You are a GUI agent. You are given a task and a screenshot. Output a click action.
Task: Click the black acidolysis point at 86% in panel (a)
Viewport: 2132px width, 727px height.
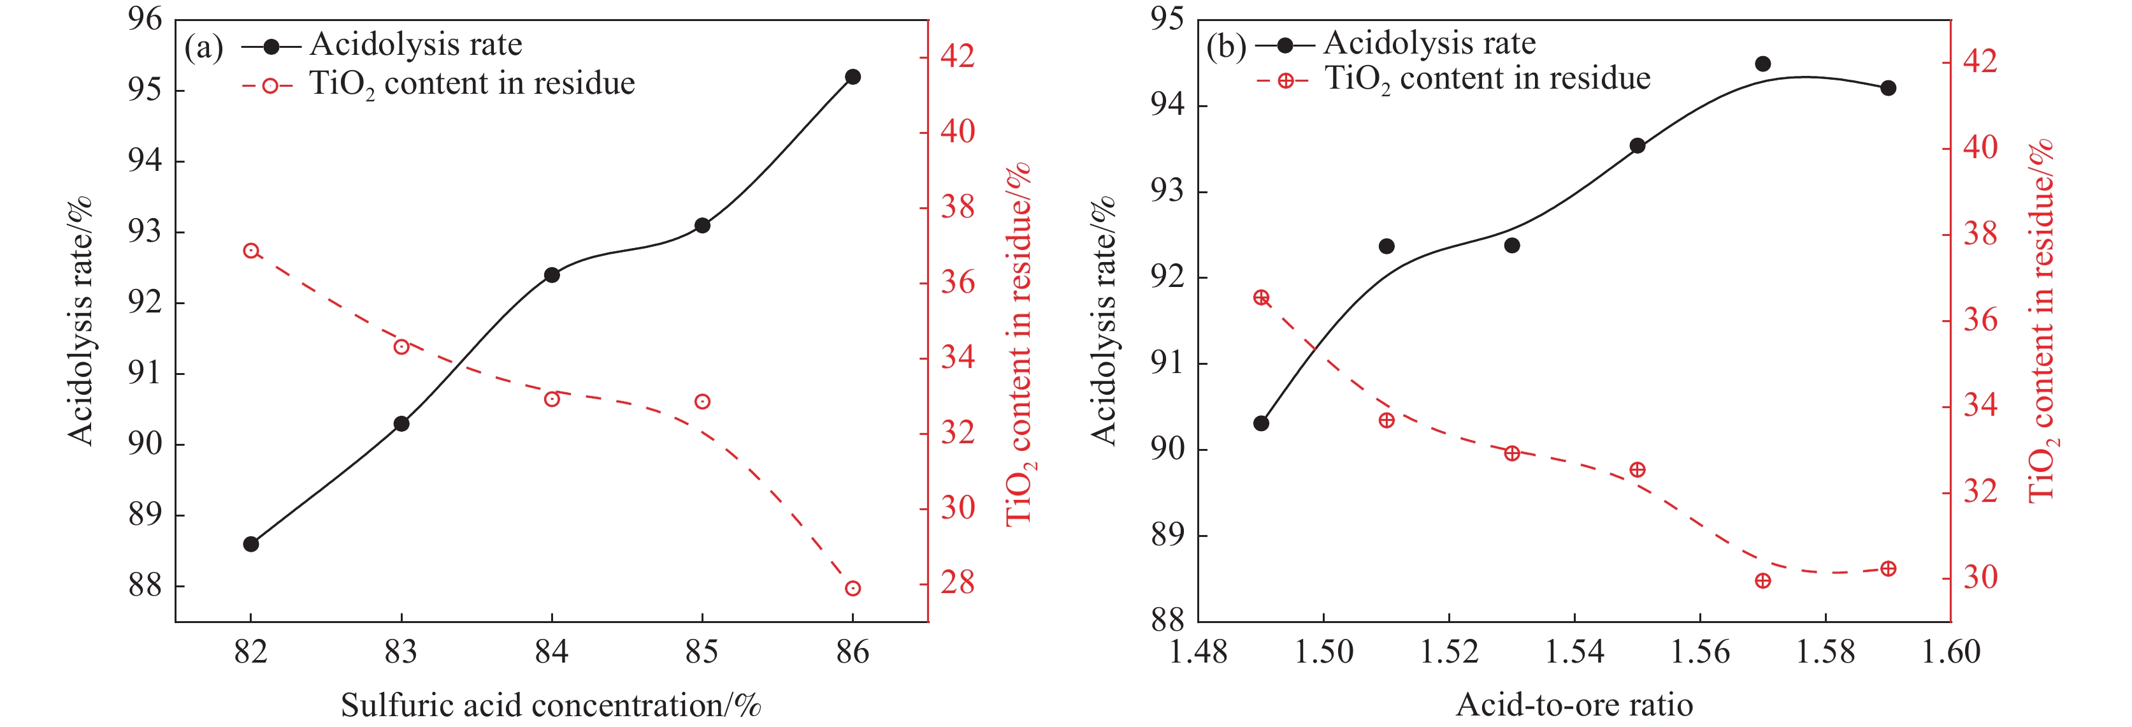pos(853,77)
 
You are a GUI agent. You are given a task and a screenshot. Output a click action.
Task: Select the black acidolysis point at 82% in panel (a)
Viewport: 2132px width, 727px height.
pos(251,544)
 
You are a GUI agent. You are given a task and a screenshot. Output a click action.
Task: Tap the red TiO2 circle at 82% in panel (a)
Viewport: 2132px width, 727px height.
pos(252,251)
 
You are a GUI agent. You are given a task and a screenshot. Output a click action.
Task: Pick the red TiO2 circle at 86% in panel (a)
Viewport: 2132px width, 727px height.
pos(853,589)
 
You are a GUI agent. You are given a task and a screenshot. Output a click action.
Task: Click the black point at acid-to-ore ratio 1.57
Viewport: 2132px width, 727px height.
pos(1763,64)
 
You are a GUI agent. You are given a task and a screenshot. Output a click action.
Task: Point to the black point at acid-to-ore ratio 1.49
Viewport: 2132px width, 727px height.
pos(1262,423)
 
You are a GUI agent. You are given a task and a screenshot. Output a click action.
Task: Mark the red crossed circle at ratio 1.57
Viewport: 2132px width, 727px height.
pos(1763,581)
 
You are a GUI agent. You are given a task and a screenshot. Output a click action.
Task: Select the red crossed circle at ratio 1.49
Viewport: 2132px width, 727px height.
pos(1262,298)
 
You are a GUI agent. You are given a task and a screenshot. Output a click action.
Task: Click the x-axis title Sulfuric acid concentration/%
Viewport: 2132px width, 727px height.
pos(551,705)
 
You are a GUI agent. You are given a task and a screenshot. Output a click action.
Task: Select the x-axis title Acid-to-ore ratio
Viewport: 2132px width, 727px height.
pos(1574,705)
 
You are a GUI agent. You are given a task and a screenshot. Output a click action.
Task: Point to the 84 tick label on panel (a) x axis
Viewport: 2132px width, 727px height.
pos(551,652)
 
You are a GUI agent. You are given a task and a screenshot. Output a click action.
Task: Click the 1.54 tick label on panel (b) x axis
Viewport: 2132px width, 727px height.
pos(1574,652)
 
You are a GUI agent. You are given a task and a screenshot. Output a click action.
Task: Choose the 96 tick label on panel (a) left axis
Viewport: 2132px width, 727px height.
pos(145,19)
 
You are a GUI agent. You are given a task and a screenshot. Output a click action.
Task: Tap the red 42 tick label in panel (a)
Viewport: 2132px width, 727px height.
pos(958,56)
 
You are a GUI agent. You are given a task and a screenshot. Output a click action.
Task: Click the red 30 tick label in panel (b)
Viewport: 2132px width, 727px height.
pos(1980,577)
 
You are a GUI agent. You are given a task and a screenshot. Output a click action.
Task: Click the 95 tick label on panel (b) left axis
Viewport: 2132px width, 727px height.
pos(1167,19)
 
